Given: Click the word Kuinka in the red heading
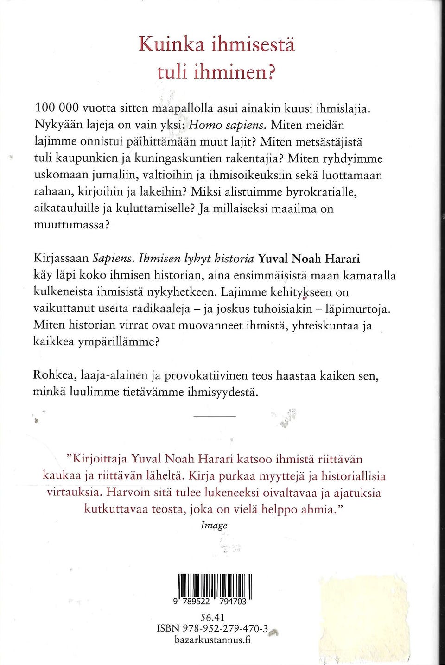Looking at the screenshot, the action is pos(172,44).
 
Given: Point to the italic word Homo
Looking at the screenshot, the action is pos(204,125).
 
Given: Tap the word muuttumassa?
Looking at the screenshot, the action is pos(72,225).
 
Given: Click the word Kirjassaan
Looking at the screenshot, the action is pos(61,259).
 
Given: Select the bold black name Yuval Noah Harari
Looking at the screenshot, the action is pos(309,258).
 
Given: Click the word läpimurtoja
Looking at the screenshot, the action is pos(358,309).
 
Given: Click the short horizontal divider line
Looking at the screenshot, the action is pos(214,416).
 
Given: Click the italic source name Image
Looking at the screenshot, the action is pos(214,525).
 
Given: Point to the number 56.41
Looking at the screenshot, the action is pos(212,617).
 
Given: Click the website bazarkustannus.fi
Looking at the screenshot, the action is pos(213,640).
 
